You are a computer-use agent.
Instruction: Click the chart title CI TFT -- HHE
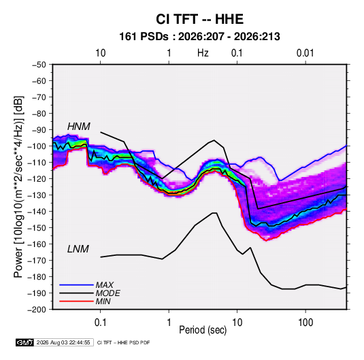[199, 19]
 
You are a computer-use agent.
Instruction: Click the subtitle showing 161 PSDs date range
[199, 37]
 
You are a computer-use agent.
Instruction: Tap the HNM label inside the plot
[79, 127]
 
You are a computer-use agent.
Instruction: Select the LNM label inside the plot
[78, 249]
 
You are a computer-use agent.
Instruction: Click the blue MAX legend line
[76, 284]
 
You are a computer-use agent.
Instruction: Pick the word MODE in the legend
[108, 293]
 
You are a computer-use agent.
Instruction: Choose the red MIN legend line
[76, 301]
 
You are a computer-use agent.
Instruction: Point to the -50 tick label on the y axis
[39, 65]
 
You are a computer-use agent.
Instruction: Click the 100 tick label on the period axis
[305, 323]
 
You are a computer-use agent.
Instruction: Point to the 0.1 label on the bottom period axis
[100, 323]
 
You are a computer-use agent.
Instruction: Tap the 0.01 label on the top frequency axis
[305, 53]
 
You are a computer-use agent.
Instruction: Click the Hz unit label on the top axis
[203, 53]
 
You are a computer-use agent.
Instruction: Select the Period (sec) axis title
[203, 330]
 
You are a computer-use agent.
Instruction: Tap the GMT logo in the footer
[25, 342]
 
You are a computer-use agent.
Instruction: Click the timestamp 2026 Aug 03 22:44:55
[63, 342]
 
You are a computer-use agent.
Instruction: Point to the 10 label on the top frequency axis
[101, 53]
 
